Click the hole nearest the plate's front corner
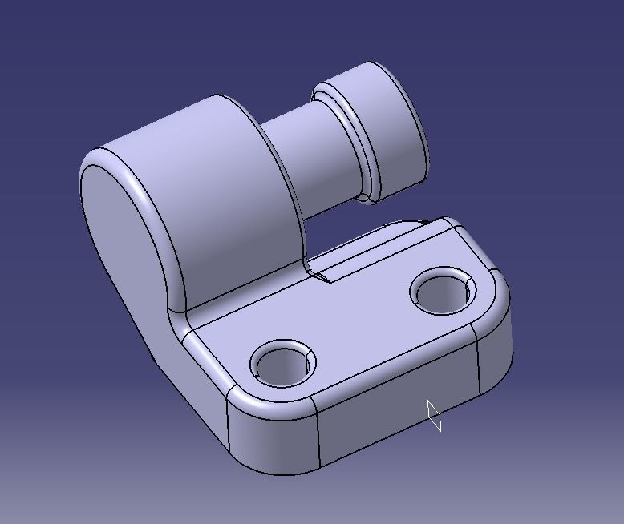coord(282,364)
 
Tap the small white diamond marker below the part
coord(434,415)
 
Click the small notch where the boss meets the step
coord(321,276)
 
